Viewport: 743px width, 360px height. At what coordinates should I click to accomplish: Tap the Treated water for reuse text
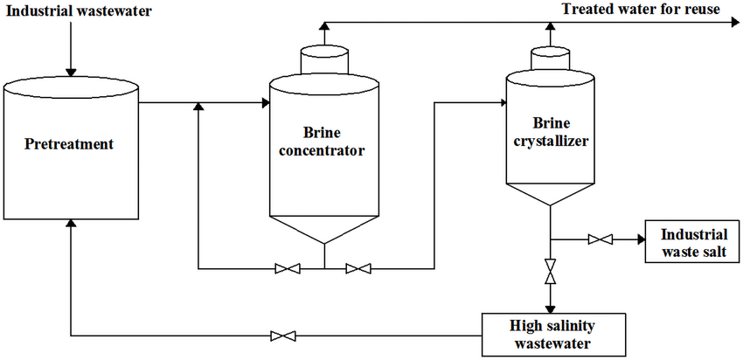coord(641,10)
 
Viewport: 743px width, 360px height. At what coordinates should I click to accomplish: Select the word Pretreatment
coord(69,143)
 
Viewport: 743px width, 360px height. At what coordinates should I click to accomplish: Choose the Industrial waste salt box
coord(693,243)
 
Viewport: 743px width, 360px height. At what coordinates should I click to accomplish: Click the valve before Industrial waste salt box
coord(601,239)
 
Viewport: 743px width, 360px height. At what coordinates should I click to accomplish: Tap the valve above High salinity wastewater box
coord(550,272)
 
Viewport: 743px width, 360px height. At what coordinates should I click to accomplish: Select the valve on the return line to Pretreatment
coord(282,335)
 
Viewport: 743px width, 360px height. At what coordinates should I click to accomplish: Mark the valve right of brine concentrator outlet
coord(358,268)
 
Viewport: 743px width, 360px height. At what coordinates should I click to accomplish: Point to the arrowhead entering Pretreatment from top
coord(69,67)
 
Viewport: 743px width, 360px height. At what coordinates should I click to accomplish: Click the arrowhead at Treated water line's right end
coord(733,24)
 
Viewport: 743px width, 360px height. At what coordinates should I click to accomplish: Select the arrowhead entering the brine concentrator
coord(265,105)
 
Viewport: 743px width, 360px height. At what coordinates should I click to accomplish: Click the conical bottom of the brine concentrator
coord(324,230)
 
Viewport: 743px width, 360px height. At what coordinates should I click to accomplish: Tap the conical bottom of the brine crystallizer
coord(550,195)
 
